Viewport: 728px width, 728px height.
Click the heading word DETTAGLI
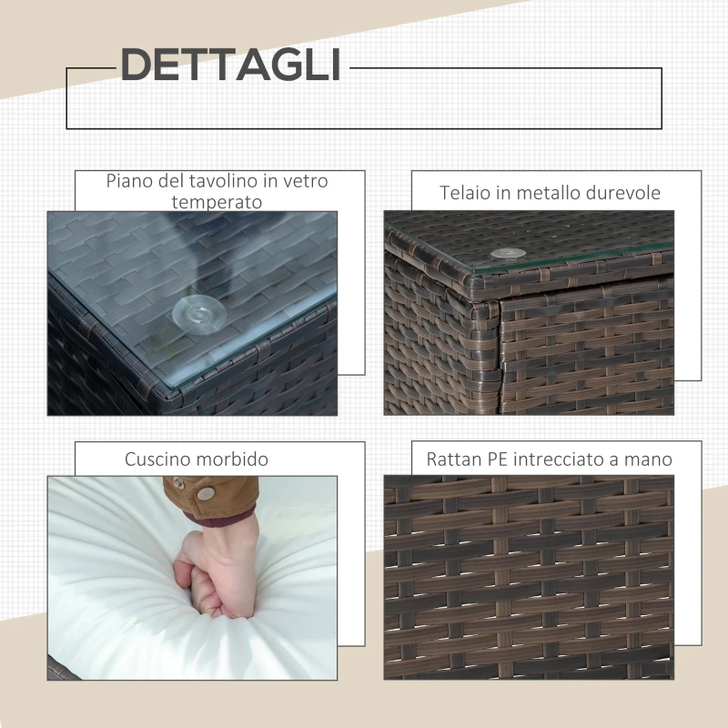[x=230, y=65]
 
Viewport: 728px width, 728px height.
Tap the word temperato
[x=217, y=201]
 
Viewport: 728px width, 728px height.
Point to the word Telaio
[x=465, y=193]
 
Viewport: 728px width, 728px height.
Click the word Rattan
[x=453, y=460]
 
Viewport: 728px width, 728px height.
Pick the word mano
[x=650, y=460]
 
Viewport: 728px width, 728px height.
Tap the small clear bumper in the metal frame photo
[x=500, y=255]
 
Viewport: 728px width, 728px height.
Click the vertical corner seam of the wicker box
[x=498, y=355]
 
